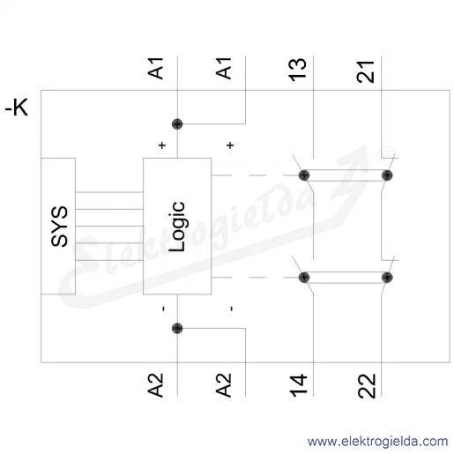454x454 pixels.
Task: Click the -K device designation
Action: (x=17, y=108)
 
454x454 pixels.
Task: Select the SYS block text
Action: (x=59, y=226)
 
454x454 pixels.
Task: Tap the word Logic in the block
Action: (x=177, y=227)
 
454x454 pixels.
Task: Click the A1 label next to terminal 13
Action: (x=223, y=69)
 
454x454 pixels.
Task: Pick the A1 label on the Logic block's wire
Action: (x=155, y=69)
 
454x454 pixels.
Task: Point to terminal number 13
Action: (x=297, y=70)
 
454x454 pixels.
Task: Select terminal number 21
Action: (x=366, y=72)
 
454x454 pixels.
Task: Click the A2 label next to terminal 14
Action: (x=223, y=385)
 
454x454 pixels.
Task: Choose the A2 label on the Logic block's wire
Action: (x=155, y=385)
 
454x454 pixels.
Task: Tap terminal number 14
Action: (x=298, y=385)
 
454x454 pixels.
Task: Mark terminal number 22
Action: (x=367, y=386)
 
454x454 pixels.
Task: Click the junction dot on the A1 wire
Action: (x=177, y=124)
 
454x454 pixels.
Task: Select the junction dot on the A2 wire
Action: (x=177, y=328)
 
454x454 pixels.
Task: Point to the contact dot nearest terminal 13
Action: (x=304, y=175)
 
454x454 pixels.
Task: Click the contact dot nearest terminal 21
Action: (x=387, y=175)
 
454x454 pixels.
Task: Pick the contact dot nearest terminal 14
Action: (x=304, y=278)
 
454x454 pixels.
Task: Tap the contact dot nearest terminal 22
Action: (x=387, y=278)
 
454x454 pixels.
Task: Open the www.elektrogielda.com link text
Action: (x=377, y=442)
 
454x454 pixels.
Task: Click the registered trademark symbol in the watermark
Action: (x=386, y=153)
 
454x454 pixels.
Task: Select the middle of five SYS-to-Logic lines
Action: (x=109, y=226)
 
